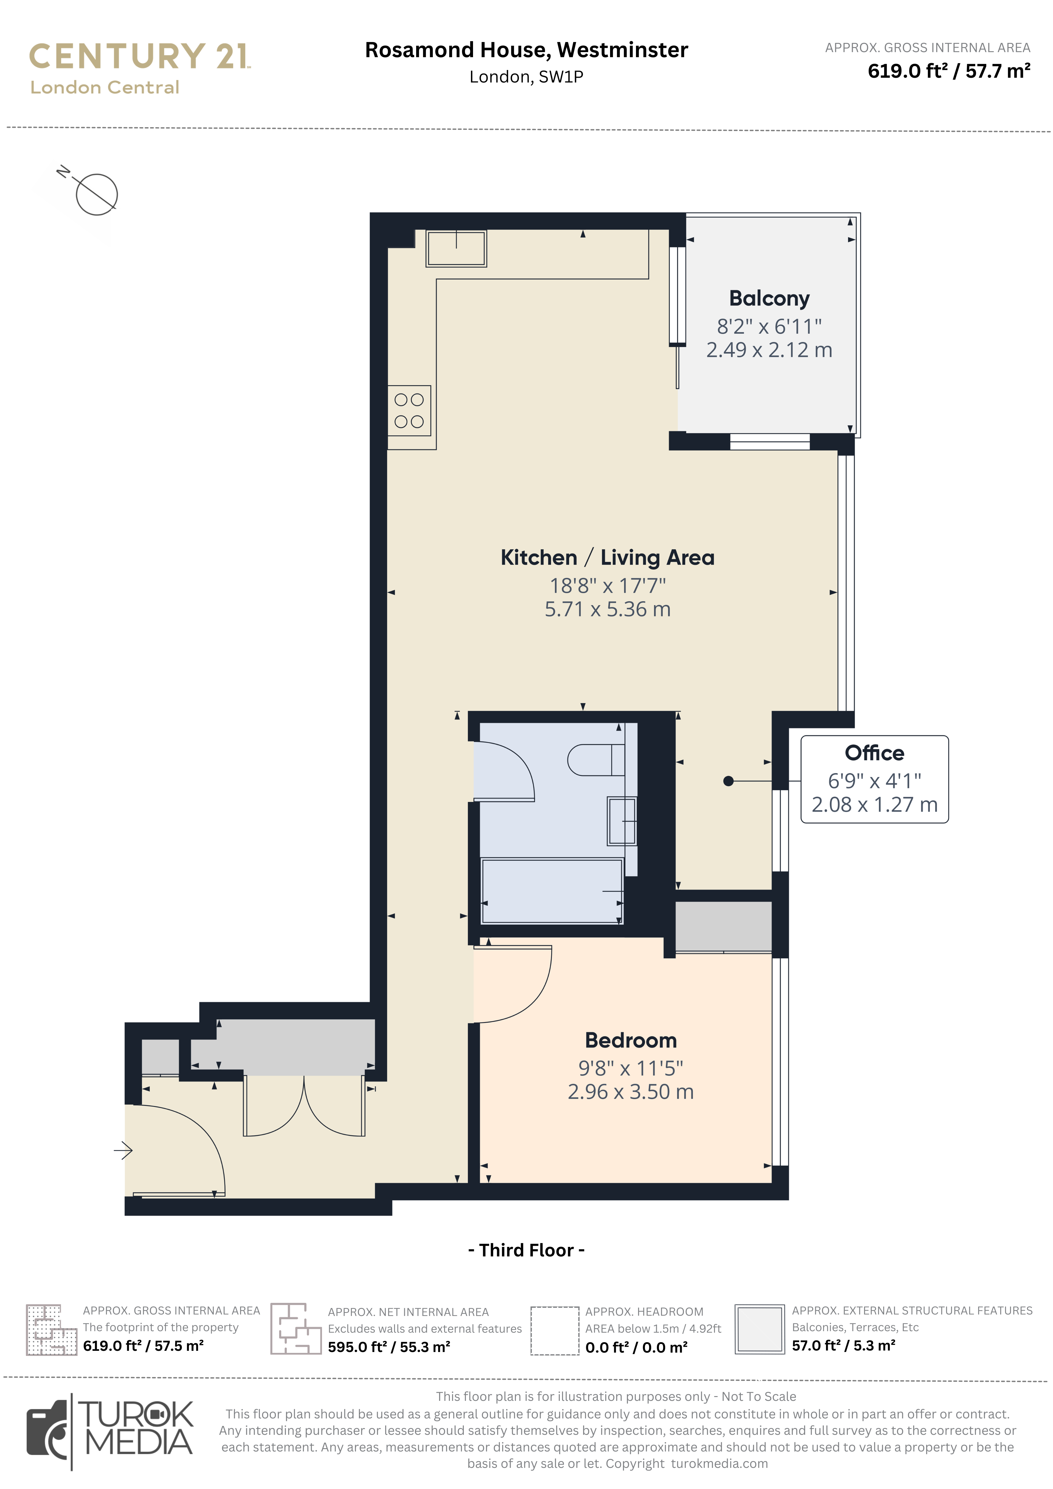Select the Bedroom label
click(631, 1040)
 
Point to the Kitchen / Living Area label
click(607, 558)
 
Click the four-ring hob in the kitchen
click(409, 410)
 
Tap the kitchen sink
click(456, 248)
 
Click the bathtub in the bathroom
click(551, 890)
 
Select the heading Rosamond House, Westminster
click(526, 50)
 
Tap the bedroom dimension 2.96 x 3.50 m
click(631, 1092)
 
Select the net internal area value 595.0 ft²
click(357, 1347)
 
